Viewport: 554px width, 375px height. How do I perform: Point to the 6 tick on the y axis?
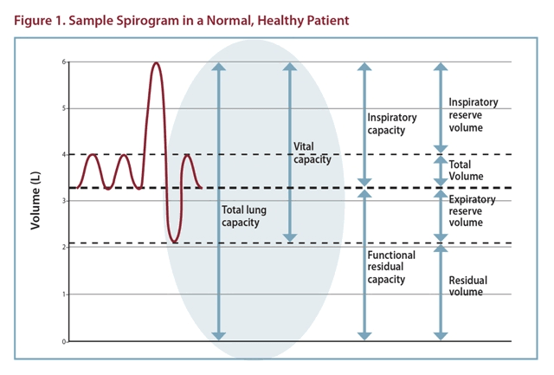click(63, 61)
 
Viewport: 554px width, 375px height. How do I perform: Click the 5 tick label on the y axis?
click(63, 108)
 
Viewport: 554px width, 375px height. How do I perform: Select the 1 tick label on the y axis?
click(63, 294)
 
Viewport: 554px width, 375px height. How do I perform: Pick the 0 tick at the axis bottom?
click(63, 341)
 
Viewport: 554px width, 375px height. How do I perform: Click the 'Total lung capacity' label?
click(240, 216)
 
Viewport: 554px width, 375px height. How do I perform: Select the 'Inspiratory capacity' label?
click(392, 124)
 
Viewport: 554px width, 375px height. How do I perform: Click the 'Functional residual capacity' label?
click(391, 268)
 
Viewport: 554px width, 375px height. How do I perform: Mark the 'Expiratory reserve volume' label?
click(473, 210)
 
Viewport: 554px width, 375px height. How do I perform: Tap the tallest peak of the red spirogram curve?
click(156, 63)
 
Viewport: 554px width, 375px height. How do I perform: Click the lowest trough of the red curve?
click(175, 242)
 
